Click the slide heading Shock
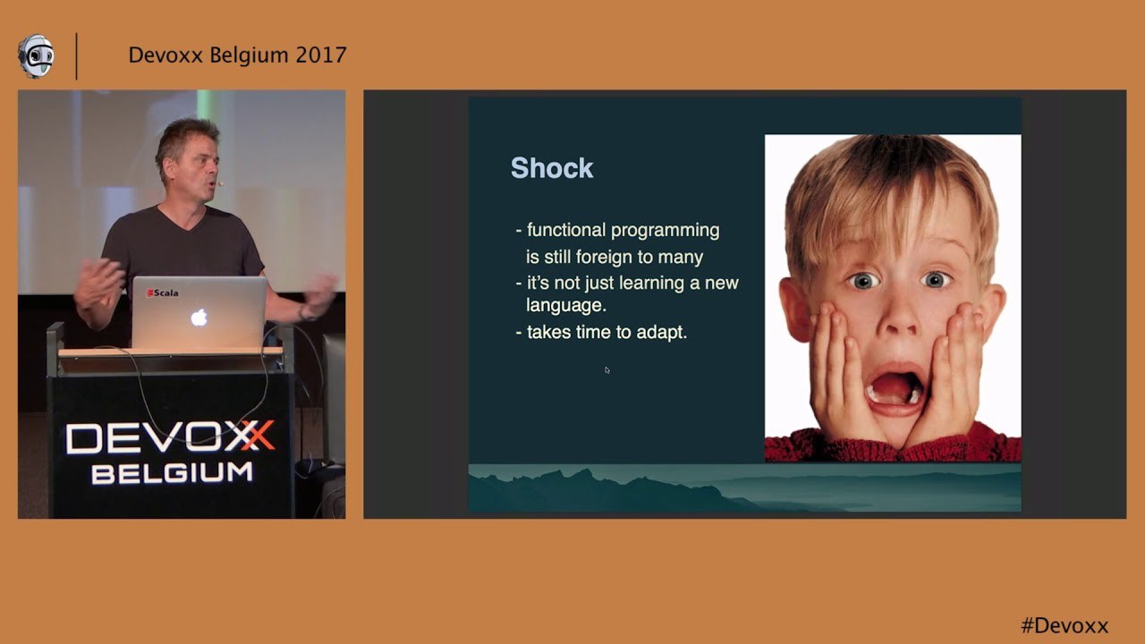pyautogui.click(x=552, y=167)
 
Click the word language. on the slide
pyautogui.click(x=566, y=306)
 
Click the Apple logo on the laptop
pyautogui.click(x=199, y=318)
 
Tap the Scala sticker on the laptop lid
pyautogui.click(x=163, y=292)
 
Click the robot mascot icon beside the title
pyautogui.click(x=35, y=56)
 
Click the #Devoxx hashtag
pyautogui.click(x=1064, y=625)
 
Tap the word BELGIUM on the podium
pyautogui.click(x=172, y=473)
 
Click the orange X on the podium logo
pyautogui.click(x=259, y=436)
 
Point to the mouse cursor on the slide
pyautogui.click(x=606, y=370)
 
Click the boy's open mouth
pyautogui.click(x=895, y=389)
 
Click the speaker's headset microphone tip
pyautogui.click(x=221, y=183)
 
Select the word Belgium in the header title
pyautogui.click(x=249, y=55)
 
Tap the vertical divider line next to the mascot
pyautogui.click(x=77, y=56)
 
